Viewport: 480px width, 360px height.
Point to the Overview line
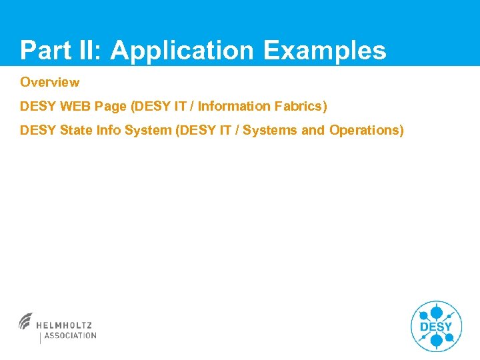[50, 83]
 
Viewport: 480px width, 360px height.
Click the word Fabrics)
[301, 107]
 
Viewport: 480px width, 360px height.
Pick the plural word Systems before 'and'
[270, 131]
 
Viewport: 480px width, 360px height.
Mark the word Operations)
[367, 131]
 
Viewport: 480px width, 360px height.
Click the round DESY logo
[436, 326]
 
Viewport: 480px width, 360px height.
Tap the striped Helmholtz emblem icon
[27, 321]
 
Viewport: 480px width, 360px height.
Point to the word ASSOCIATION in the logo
[70, 336]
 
